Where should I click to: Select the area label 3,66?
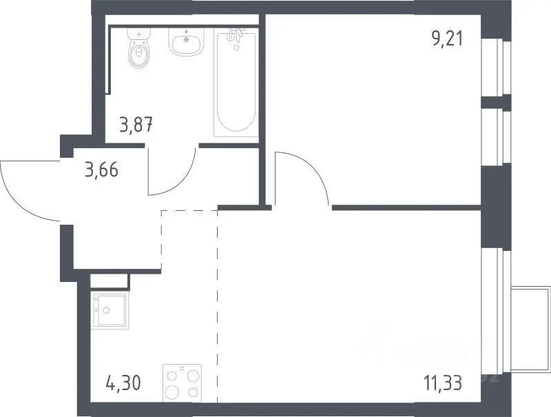click(101, 170)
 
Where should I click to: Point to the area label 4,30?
click(123, 383)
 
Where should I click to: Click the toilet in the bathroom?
click(140, 48)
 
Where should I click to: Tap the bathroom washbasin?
click(186, 41)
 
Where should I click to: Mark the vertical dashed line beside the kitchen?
click(218, 306)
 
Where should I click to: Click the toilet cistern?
click(140, 33)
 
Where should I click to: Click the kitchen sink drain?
click(106, 310)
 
